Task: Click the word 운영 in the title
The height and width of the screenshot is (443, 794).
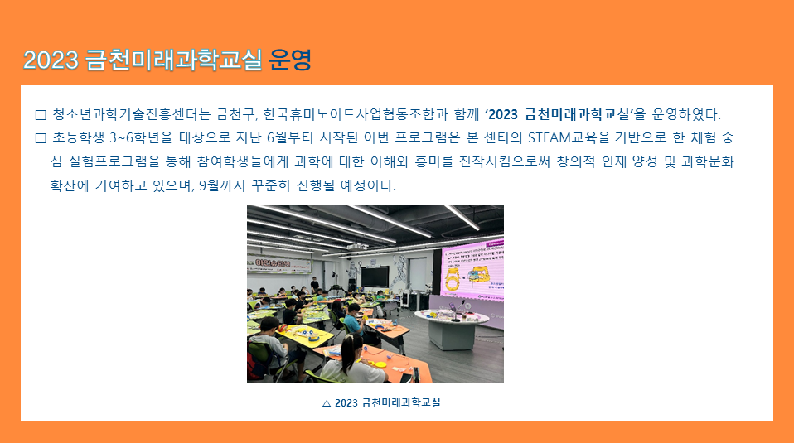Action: tap(289, 60)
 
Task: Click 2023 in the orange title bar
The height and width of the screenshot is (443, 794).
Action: tap(51, 60)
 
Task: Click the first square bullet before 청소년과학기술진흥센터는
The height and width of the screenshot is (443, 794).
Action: tap(41, 115)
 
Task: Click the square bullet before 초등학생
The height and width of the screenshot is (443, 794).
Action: tap(41, 138)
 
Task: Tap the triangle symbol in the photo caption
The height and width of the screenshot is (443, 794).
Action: tap(327, 403)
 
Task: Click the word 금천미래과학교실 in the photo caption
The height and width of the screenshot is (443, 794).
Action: tap(401, 402)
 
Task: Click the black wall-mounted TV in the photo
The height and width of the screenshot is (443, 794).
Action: tap(375, 277)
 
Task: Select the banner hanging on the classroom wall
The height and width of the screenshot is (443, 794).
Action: tap(279, 264)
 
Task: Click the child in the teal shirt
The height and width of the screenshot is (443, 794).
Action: tap(355, 320)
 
